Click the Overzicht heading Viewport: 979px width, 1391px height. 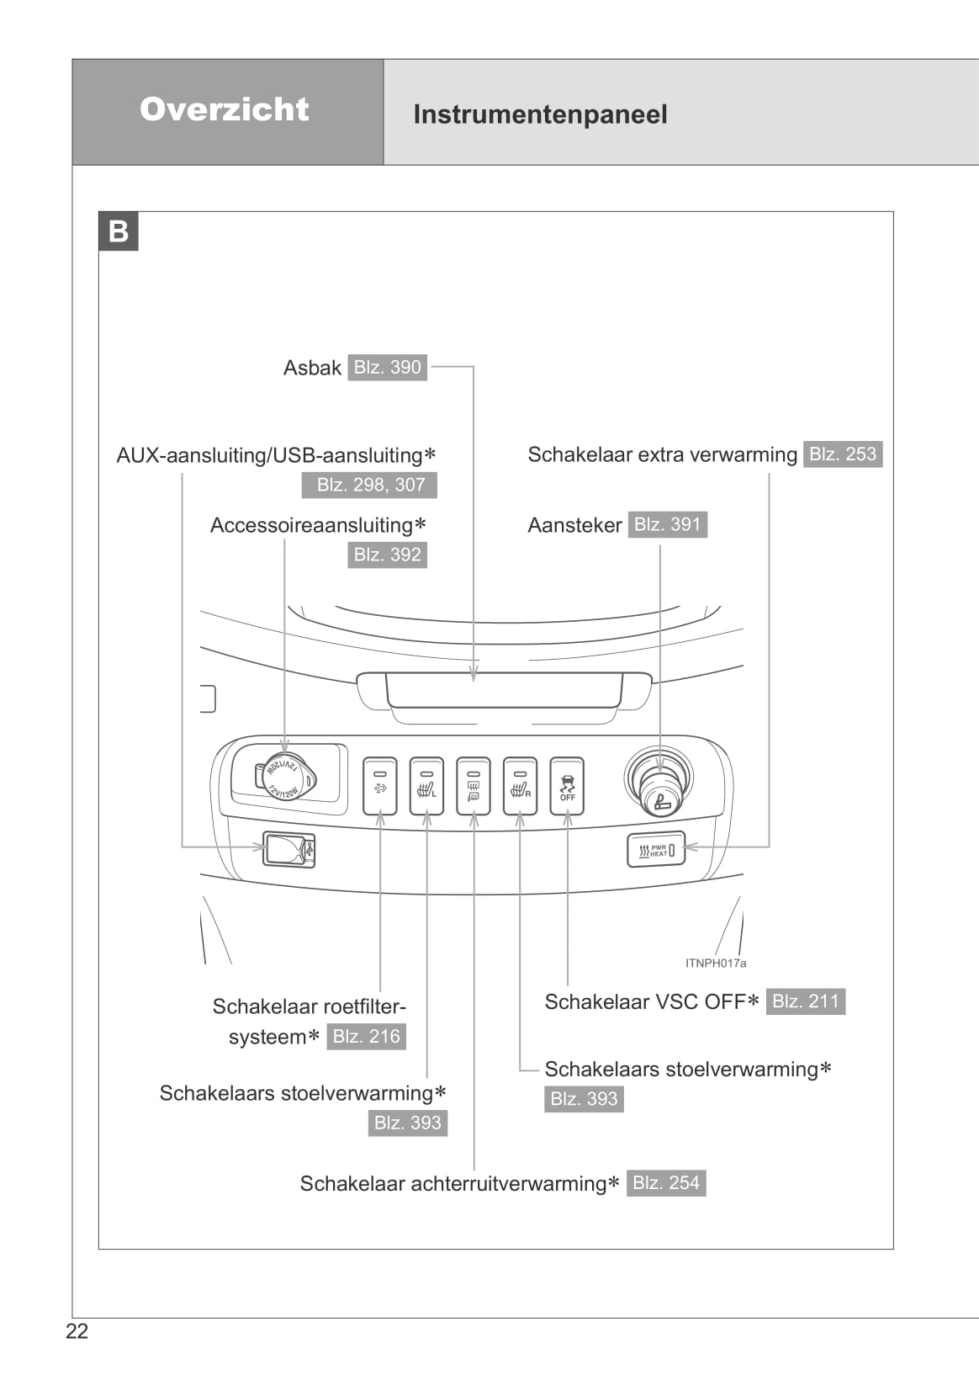tap(225, 109)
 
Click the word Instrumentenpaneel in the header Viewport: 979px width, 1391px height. tap(540, 114)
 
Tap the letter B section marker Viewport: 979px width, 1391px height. tap(119, 231)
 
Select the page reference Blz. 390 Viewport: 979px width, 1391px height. tap(387, 367)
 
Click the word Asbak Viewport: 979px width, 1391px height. tap(312, 368)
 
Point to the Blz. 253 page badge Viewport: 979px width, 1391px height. tap(842, 454)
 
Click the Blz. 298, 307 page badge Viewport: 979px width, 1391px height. tap(370, 485)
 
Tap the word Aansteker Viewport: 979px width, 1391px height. tap(574, 525)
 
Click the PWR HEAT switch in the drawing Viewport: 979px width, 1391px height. tap(656, 850)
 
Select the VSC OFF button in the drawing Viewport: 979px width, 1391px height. tap(567, 786)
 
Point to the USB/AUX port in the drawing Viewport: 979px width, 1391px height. tap(288, 849)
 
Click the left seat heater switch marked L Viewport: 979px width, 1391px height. tap(426, 786)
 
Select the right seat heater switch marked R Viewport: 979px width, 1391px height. tap(520, 786)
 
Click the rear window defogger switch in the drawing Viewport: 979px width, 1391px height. tap(473, 786)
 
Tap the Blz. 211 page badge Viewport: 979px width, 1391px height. tap(805, 1001)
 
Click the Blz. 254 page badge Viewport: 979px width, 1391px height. tap(665, 1183)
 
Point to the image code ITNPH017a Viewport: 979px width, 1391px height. tap(715, 964)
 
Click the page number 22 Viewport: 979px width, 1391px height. tap(77, 1331)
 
